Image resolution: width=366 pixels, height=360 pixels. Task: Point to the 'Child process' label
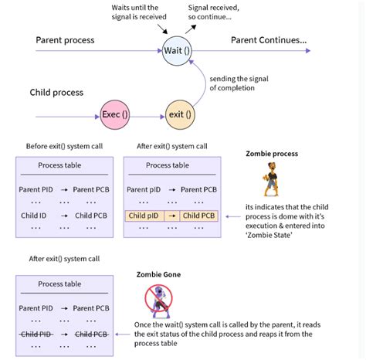click(56, 93)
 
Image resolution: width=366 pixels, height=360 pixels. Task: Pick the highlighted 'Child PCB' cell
click(199, 216)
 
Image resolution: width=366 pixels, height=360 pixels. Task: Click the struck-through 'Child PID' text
click(36, 334)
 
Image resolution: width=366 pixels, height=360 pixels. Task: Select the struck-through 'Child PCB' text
click(92, 334)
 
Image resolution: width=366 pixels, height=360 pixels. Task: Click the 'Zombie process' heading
click(272, 154)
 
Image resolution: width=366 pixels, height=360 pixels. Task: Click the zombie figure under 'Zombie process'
click(271, 183)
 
